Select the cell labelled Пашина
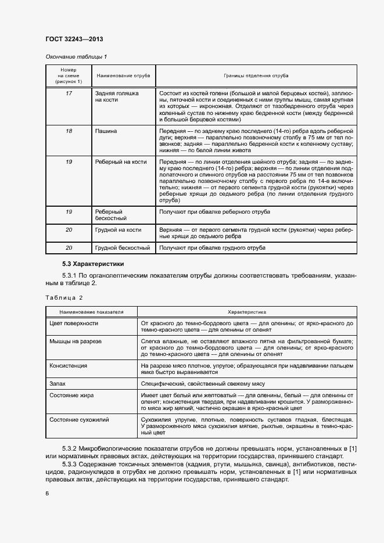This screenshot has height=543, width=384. (x=106, y=131)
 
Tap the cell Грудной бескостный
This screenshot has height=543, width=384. (x=123, y=248)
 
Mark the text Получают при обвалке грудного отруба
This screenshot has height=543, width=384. (x=212, y=248)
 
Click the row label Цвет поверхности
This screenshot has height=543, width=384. (x=74, y=323)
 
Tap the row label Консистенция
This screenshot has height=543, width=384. (x=69, y=366)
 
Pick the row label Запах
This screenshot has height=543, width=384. (x=58, y=384)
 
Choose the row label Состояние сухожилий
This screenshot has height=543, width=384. (x=80, y=419)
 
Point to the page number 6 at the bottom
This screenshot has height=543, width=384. (x=47, y=493)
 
